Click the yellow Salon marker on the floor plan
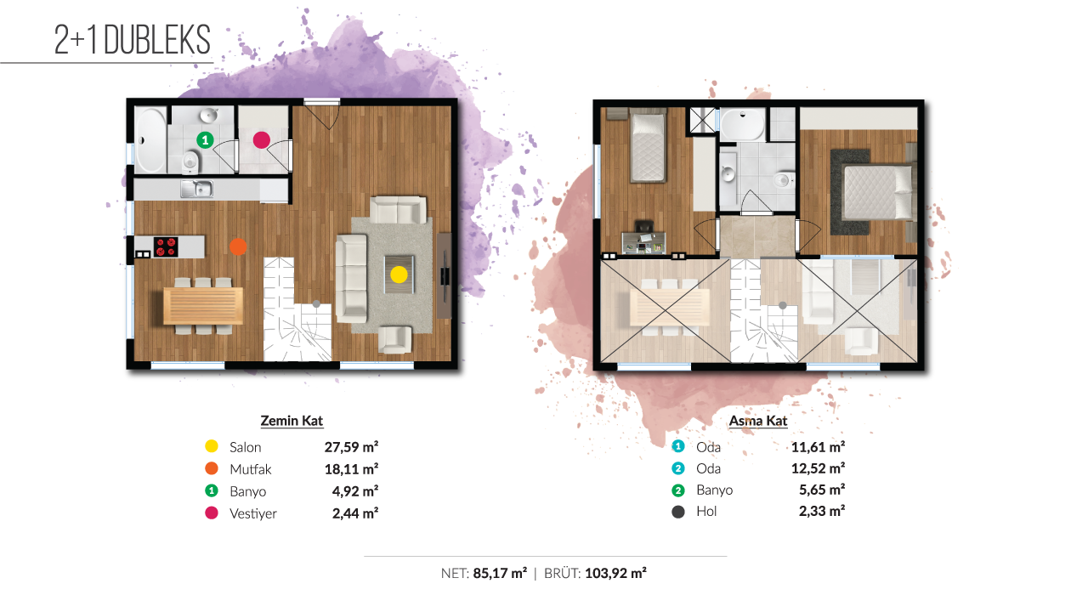coord(399,275)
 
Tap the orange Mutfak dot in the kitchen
coord(238,246)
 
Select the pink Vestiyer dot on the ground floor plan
coord(261,140)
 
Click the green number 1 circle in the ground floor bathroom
coord(205,140)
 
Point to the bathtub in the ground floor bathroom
coord(150,140)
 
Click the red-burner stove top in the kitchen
coord(166,246)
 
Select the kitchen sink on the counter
coord(196,189)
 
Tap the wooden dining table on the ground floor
coord(203,305)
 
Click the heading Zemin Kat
coord(292,421)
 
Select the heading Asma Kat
coord(757,421)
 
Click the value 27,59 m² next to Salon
coord(351,447)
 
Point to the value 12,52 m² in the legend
coord(818,468)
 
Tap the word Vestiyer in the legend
coord(253,513)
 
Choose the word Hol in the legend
coord(706,511)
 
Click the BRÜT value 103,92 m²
coord(615,574)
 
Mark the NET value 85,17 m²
coord(500,574)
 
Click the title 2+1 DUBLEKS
coord(132,40)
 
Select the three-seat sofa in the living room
coord(351,278)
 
